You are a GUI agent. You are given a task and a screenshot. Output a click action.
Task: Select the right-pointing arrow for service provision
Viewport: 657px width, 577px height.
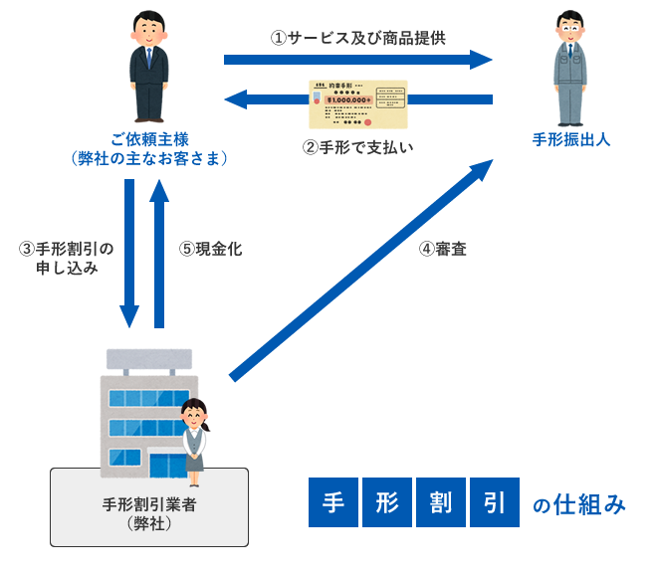(x=358, y=61)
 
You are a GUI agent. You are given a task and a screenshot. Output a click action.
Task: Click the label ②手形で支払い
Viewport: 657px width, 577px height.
(x=357, y=147)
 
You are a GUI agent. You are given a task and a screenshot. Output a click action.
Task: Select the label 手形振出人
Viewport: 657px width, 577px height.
(x=571, y=140)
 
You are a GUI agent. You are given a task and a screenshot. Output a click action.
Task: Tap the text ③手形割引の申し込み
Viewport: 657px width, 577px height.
(x=67, y=258)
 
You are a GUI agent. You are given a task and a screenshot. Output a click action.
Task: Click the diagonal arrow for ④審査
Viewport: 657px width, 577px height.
(x=363, y=269)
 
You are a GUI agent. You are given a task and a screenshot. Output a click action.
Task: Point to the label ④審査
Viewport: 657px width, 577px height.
(x=444, y=249)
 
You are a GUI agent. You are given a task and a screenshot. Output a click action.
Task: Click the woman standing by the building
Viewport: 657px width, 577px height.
(x=192, y=436)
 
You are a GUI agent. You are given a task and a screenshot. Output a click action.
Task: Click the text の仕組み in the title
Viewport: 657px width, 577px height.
(x=579, y=505)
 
